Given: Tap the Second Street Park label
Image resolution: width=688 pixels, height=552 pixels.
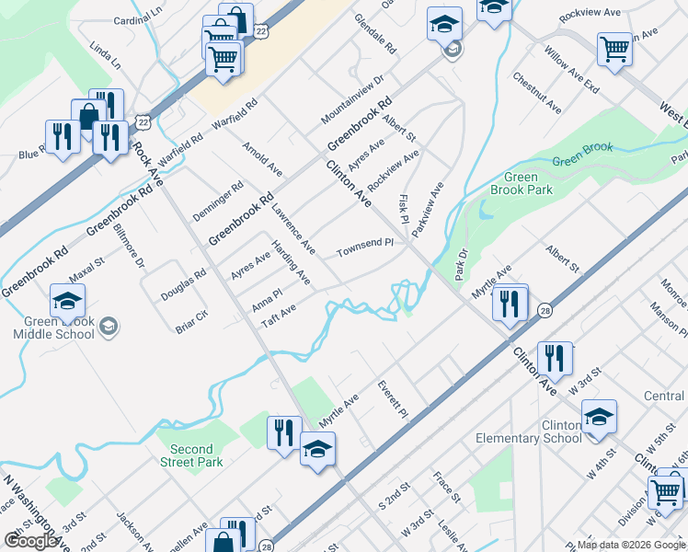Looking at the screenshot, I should coord(191,455).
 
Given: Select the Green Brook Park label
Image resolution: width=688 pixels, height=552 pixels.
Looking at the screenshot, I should coord(528,183).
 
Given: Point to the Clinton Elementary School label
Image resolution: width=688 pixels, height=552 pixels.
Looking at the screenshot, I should coord(529,432).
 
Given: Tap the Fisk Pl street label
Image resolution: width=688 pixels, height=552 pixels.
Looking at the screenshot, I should coord(403,206).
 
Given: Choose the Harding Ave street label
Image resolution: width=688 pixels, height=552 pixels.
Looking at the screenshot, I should coord(290,262).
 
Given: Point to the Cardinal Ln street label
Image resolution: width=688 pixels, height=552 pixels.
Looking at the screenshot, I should coord(137,19).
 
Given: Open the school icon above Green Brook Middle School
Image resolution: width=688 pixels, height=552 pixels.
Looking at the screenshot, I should coord(67,301).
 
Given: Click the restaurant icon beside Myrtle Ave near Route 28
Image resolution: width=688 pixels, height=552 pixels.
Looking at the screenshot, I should coord(510,302).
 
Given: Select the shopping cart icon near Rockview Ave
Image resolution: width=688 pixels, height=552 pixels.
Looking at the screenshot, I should coord(614,49).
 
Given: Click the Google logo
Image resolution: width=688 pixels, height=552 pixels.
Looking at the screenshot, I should coord(31,541).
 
